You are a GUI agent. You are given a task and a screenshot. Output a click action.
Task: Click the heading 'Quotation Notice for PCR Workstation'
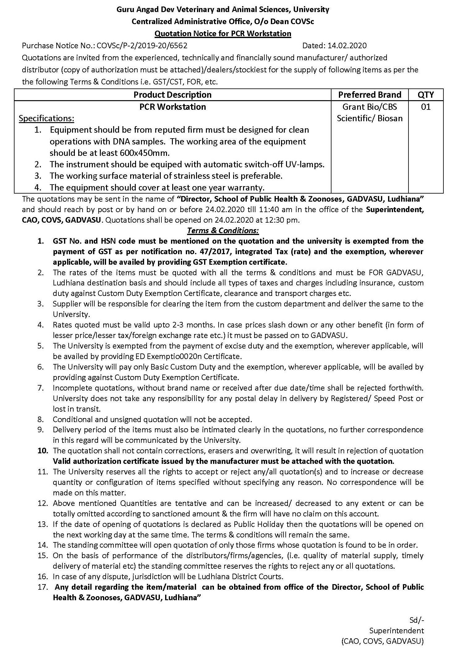[x=223, y=33]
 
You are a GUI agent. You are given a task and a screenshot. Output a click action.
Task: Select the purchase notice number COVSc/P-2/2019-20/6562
[x=142, y=46]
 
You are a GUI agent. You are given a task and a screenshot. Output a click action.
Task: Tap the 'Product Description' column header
[x=172, y=95]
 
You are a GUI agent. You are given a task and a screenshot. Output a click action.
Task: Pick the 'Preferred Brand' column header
[x=370, y=95]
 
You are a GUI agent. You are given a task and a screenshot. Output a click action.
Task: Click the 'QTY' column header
[x=425, y=95]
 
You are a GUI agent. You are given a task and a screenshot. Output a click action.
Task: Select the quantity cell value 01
[x=425, y=107]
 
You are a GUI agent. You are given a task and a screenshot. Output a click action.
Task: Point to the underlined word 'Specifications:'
[x=46, y=118]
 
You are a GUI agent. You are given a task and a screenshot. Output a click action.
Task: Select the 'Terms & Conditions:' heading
[x=223, y=231]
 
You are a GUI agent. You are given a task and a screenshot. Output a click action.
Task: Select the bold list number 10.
[x=43, y=451]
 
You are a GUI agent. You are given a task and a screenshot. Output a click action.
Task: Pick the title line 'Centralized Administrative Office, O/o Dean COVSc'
[x=223, y=22]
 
